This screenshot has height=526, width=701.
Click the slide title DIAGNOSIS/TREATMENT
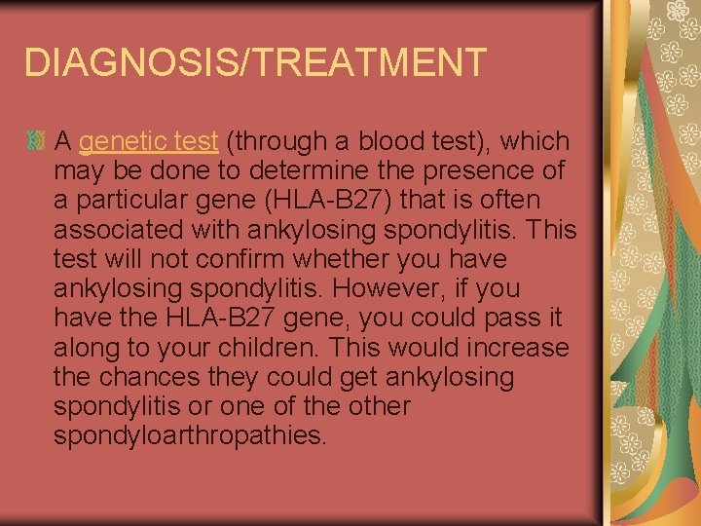[254, 62]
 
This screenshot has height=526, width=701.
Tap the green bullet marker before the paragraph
[36, 142]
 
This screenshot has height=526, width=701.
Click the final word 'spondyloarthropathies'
[190, 434]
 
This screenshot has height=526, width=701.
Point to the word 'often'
[516, 200]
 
